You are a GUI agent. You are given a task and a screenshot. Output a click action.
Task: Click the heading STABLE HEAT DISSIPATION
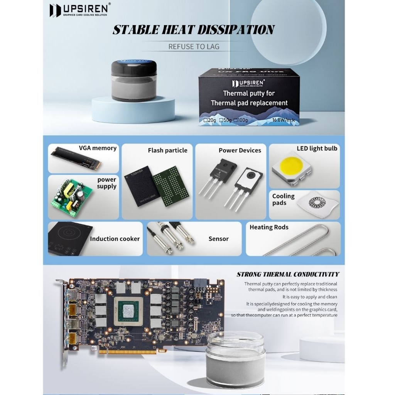pyautogui.click(x=193, y=30)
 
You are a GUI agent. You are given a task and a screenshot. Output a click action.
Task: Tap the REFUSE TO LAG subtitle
pyautogui.click(x=194, y=47)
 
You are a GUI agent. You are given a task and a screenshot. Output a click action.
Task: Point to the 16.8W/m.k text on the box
pyautogui.click(x=284, y=120)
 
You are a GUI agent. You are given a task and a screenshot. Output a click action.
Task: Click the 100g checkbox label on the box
pyautogui.click(x=242, y=120)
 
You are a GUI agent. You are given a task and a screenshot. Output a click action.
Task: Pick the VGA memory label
pyautogui.click(x=98, y=148)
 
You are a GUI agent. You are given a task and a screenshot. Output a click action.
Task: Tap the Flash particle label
pyautogui.click(x=167, y=150)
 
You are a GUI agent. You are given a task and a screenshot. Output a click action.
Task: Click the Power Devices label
pyautogui.click(x=240, y=150)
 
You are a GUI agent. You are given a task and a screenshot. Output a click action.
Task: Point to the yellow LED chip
pyautogui.click(x=291, y=165)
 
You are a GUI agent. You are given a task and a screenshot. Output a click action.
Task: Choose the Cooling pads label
pyautogui.click(x=283, y=199)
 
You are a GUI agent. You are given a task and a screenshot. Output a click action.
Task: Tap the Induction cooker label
pyautogui.click(x=115, y=239)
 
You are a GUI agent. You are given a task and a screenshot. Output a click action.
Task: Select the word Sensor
pyautogui.click(x=218, y=239)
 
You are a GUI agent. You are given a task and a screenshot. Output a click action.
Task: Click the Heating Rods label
pyautogui.click(x=269, y=227)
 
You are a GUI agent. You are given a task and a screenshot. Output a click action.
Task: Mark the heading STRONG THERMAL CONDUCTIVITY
pyautogui.click(x=288, y=275)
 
